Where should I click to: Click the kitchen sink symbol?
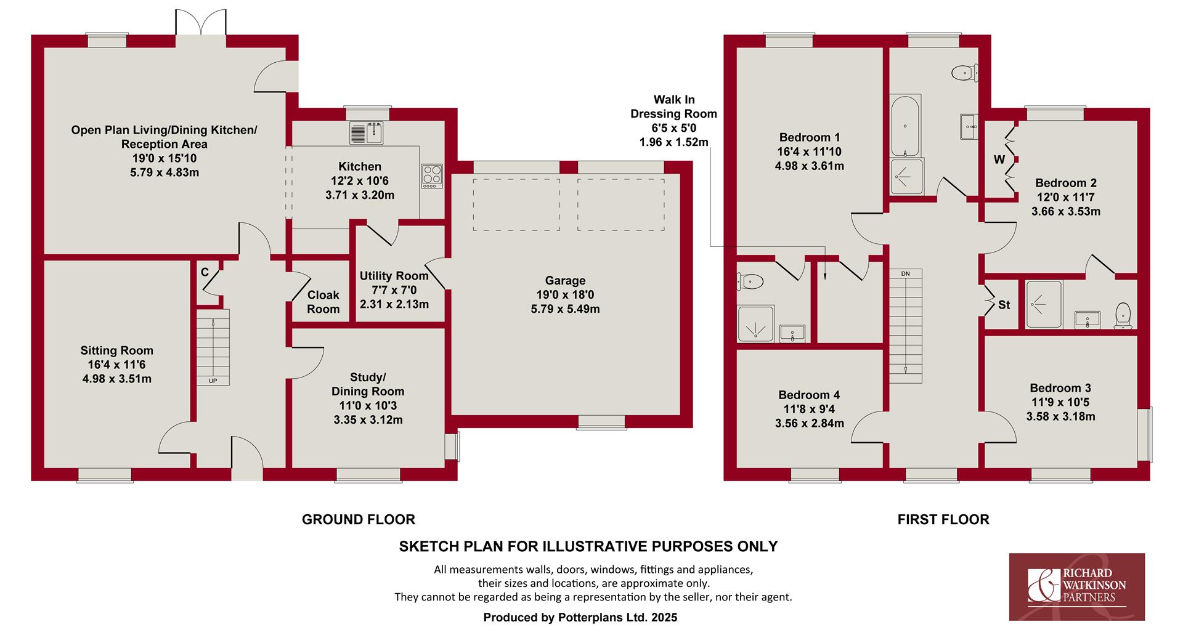pyautogui.click(x=367, y=133)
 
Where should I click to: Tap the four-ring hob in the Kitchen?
pyautogui.click(x=432, y=176)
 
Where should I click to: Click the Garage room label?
pyautogui.click(x=565, y=281)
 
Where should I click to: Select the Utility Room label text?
pyautogui.click(x=394, y=276)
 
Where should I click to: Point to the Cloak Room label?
pyautogui.click(x=323, y=302)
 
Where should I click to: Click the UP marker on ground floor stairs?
pyautogui.click(x=213, y=381)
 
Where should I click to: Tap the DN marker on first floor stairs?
pyautogui.click(x=905, y=273)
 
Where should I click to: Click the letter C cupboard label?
pyautogui.click(x=205, y=272)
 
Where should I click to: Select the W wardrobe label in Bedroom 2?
pyautogui.click(x=999, y=160)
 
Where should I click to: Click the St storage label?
pyautogui.click(x=1004, y=305)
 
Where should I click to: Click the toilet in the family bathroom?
pyautogui.click(x=965, y=73)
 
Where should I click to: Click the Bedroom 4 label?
pyautogui.click(x=809, y=395)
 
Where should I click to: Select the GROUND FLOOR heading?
pyautogui.click(x=359, y=520)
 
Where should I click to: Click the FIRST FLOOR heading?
pyautogui.click(x=943, y=520)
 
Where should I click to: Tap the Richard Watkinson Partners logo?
pyautogui.click(x=1076, y=586)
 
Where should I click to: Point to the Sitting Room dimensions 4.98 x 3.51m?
pyautogui.click(x=117, y=379)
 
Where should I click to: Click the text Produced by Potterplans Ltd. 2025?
pyautogui.click(x=580, y=618)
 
